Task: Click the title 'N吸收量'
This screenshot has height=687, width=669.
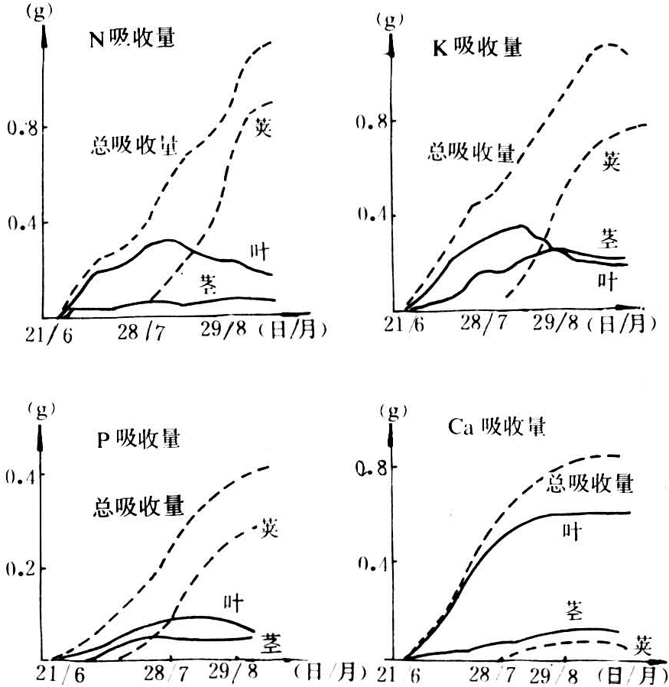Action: tap(132, 39)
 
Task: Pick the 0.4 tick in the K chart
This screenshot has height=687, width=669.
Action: tap(369, 215)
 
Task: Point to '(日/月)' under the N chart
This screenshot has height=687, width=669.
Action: tap(293, 330)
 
